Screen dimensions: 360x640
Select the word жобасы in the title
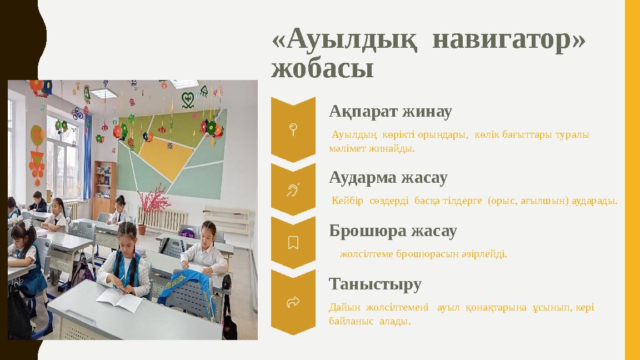point(322,69)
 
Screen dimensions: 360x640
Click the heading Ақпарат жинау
point(390,112)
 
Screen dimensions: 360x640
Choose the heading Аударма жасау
point(388,178)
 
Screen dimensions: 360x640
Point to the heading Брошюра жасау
point(393,231)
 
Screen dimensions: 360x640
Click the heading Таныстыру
point(375,284)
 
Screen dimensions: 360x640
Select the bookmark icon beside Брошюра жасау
point(293,242)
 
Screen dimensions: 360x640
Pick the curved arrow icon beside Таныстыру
point(293,302)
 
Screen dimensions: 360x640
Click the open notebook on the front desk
point(119,301)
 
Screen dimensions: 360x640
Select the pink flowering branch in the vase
point(150,200)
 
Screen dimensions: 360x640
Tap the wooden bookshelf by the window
point(104,189)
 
